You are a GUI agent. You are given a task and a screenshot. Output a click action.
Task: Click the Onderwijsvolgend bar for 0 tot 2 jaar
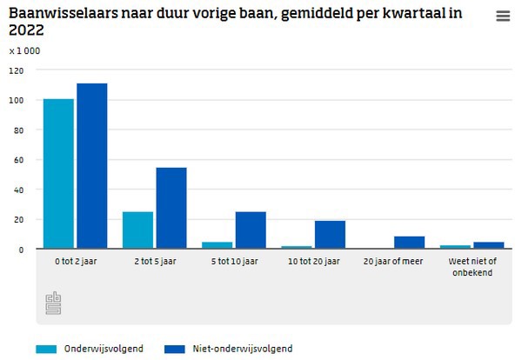point(58,174)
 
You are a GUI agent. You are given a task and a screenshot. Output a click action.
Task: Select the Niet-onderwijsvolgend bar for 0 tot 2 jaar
point(91,166)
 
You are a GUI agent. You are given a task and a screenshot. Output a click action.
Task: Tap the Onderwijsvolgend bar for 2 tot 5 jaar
point(137,230)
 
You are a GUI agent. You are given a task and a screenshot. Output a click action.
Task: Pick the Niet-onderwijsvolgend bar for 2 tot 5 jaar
point(171,208)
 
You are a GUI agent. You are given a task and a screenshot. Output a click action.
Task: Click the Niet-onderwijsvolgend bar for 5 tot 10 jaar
point(251,230)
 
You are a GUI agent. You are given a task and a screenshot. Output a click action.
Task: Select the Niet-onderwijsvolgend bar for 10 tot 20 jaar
point(330,235)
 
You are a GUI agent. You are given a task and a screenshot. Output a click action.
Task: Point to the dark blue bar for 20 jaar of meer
point(409,243)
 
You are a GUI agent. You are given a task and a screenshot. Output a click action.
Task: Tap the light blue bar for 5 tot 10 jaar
point(217,245)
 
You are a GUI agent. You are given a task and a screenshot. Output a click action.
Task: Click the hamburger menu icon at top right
point(503,17)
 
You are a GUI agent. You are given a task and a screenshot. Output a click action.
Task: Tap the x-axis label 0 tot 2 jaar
point(75,261)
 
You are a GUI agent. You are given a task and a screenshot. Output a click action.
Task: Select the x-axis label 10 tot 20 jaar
point(313,261)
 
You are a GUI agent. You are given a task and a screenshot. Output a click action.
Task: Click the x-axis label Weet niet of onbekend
point(472,265)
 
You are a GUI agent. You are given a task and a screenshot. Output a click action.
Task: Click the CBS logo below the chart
point(54,303)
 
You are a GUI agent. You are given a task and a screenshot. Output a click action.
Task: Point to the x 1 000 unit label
point(24,50)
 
